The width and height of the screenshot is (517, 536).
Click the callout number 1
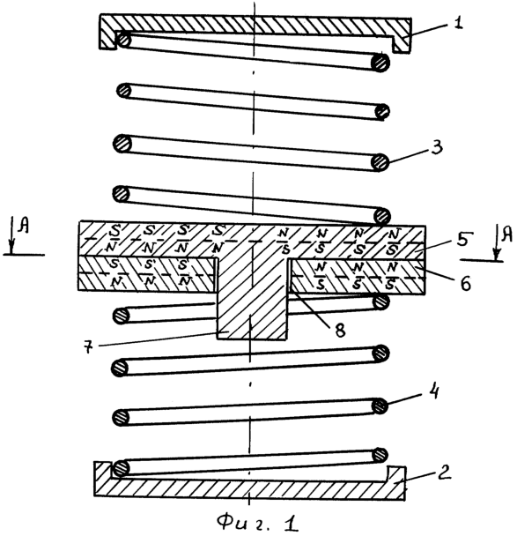[457, 23]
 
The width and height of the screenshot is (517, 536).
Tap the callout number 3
[436, 147]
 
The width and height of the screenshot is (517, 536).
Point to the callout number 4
[432, 391]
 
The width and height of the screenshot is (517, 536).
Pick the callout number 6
[465, 282]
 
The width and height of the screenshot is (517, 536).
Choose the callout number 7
[88, 346]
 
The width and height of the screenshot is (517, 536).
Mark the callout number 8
[339, 330]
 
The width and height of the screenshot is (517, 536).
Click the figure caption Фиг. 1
[258, 523]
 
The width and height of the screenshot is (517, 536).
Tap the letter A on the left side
[24, 226]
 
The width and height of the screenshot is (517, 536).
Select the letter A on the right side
[506, 234]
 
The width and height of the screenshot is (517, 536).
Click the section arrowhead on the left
[12, 247]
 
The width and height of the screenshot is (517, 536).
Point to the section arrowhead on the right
[497, 254]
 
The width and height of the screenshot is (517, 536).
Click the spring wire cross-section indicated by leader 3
[380, 162]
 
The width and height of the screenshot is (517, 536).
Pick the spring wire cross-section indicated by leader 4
[380, 406]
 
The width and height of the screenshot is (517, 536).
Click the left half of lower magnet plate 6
[147, 274]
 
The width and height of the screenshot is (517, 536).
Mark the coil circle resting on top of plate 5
[381, 216]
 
